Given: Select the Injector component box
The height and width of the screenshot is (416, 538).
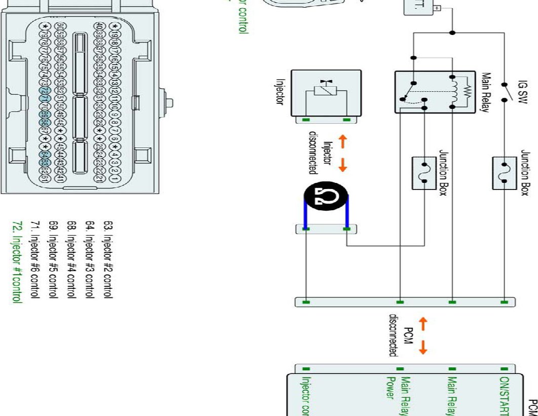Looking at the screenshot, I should pyautogui.click(x=326, y=92).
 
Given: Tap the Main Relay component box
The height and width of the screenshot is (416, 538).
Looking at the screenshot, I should pyautogui.click(x=432, y=92).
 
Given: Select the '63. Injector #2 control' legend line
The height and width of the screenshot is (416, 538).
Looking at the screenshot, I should pyautogui.click(x=108, y=259).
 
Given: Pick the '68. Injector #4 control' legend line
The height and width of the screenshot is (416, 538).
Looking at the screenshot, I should pyautogui.click(x=71, y=259).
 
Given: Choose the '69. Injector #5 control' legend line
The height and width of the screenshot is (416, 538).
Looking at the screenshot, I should pyautogui.click(x=53, y=259).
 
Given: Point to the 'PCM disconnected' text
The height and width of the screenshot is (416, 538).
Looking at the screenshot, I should pyautogui.click(x=401, y=335).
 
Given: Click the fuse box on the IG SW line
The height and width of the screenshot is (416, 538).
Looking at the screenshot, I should pyautogui.click(x=504, y=173).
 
